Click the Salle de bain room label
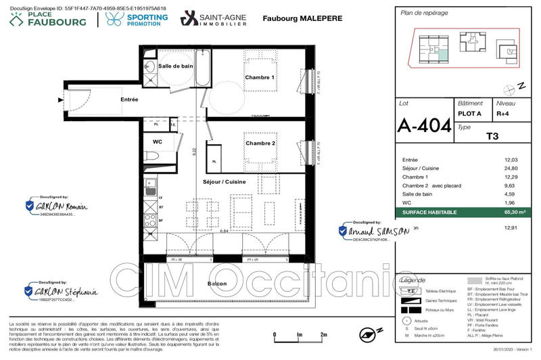coord(174,66)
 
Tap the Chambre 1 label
coord(260,77)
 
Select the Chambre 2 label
coord(260,143)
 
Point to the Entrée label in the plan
coord(129,99)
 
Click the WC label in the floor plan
coord(157,141)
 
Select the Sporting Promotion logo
coord(132,20)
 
